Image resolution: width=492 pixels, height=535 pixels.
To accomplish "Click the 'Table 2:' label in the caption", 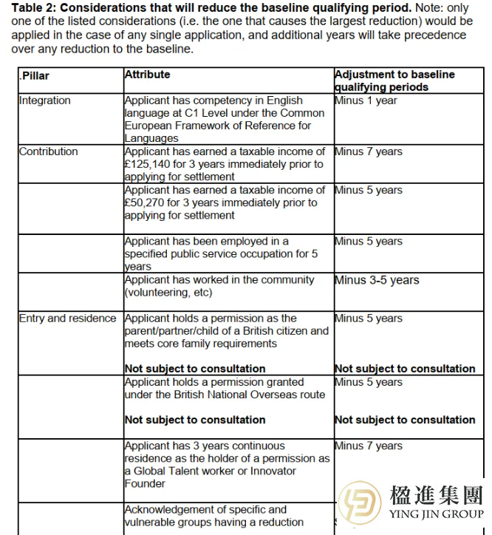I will tap(35, 7).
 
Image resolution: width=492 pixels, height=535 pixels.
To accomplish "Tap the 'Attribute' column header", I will tap(148, 75).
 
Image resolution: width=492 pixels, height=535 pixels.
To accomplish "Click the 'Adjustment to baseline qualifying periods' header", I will tap(394, 81).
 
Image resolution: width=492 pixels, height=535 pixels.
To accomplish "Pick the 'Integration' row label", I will tap(45, 100).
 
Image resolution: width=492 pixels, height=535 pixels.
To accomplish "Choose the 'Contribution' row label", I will tap(49, 151).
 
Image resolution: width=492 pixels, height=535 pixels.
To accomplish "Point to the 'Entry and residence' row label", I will tap(68, 318).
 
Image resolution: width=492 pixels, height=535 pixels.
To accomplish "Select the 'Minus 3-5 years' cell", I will tap(377, 280).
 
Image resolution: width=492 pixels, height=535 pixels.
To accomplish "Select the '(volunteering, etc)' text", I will tap(169, 293).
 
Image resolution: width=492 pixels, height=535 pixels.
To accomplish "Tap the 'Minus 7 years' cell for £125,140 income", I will tap(369, 151).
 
